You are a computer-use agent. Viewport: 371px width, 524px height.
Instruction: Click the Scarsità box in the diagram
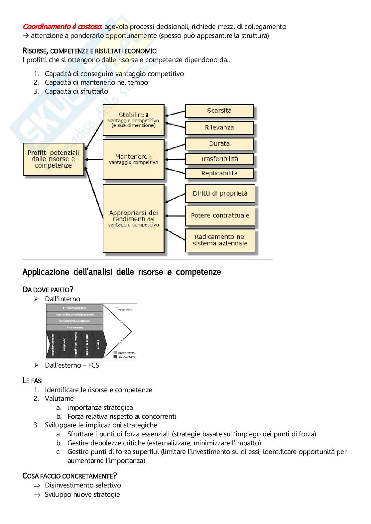pyautogui.click(x=219, y=111)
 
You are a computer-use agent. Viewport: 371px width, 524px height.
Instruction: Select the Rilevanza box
pyautogui.click(x=219, y=128)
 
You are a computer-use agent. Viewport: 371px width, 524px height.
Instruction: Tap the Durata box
pyautogui.click(x=219, y=144)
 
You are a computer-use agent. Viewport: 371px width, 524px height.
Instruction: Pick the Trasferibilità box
pyautogui.click(x=219, y=159)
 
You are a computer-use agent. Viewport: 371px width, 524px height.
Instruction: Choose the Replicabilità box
pyautogui.click(x=219, y=173)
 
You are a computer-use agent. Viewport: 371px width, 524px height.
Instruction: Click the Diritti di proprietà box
pyautogui.click(x=220, y=193)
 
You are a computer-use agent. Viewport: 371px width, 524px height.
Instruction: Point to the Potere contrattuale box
pyautogui.click(x=220, y=216)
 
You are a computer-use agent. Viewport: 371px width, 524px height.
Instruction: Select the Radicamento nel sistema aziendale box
pyautogui.click(x=220, y=240)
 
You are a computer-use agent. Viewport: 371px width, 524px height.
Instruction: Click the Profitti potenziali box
pyautogui.click(x=53, y=159)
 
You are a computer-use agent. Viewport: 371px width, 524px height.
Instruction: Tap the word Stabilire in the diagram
pyautogui.click(x=131, y=115)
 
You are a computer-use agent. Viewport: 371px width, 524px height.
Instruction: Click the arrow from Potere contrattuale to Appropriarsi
pyautogui.click(x=175, y=216)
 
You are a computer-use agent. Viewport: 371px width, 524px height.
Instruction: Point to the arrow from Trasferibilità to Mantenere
pyautogui.click(x=175, y=159)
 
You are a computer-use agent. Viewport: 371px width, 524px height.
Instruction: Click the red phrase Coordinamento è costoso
pyautogui.click(x=62, y=27)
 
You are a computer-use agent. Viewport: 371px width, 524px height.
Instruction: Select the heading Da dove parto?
pyautogui.click(x=48, y=290)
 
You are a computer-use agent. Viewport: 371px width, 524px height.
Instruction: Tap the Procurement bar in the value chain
pyautogui.click(x=74, y=327)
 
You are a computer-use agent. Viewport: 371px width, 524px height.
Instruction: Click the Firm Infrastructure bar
pyautogui.click(x=74, y=308)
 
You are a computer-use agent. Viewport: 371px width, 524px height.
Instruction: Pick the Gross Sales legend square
pyautogui.click(x=117, y=309)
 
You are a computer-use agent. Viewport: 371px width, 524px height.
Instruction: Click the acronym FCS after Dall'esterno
pyautogui.click(x=94, y=365)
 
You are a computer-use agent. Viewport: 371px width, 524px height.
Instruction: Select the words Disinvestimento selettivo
pyautogui.click(x=83, y=485)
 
